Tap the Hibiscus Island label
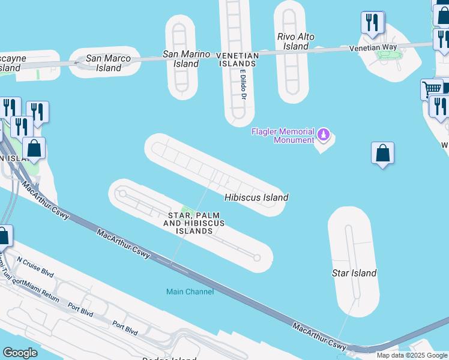[x=256, y=197]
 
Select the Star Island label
[x=354, y=273]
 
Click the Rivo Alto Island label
[x=296, y=41]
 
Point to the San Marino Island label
[x=187, y=59]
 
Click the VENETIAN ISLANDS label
[x=238, y=59]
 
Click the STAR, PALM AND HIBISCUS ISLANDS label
[x=194, y=223]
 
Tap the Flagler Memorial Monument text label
[x=283, y=136]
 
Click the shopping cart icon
[x=432, y=89]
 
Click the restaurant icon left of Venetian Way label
[x=372, y=23]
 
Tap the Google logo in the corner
[x=20, y=353]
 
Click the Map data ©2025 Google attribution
[x=412, y=355]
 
